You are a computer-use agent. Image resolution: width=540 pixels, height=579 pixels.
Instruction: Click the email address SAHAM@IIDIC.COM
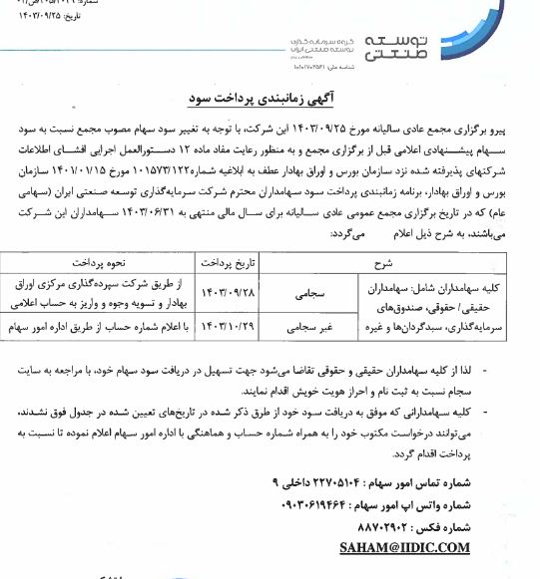404,547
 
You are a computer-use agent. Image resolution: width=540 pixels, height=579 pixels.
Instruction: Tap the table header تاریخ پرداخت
231,265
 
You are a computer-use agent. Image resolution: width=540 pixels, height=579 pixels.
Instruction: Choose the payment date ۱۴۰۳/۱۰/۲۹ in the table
231,326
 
